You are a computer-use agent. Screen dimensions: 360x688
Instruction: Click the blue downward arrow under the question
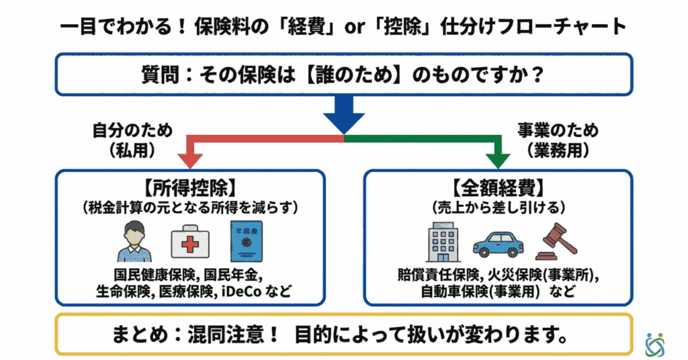[344, 115]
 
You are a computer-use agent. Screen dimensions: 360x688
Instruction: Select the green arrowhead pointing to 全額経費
[498, 159]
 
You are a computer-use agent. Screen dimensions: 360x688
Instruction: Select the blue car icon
[498, 244]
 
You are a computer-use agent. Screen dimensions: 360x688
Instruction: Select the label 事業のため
[558, 130]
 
